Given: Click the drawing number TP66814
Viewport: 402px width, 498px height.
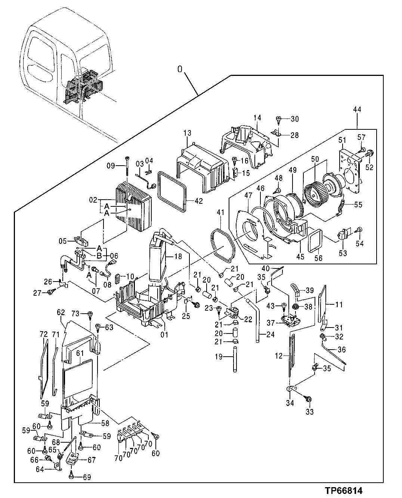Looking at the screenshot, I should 343,490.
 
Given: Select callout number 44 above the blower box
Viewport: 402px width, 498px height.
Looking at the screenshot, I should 357,110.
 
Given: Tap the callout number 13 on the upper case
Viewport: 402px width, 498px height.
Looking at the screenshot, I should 187,133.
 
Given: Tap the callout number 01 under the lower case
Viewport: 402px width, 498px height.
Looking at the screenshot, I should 164,334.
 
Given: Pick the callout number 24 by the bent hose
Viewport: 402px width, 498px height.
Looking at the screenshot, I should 270,334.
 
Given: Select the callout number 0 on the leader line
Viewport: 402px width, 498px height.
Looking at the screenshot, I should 180,69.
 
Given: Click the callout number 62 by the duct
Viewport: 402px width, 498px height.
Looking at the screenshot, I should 61,311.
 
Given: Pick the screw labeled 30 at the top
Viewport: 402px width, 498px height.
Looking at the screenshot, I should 279,119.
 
